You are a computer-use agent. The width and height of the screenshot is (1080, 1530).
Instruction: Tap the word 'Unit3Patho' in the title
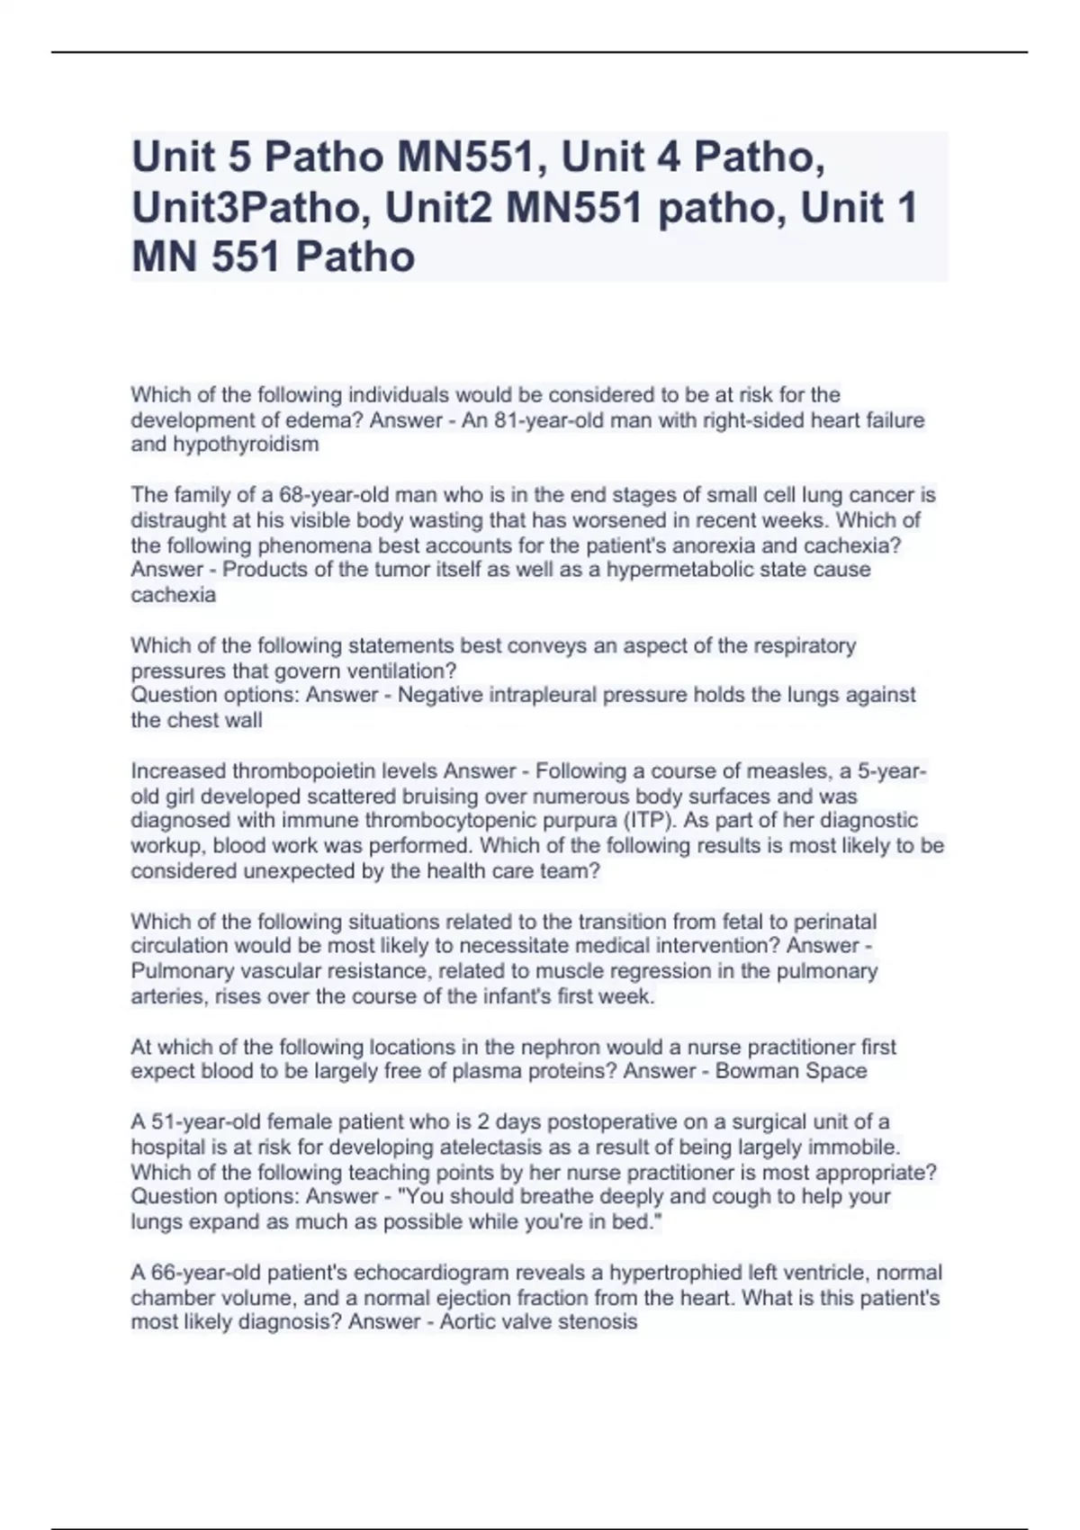(x=244, y=208)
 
